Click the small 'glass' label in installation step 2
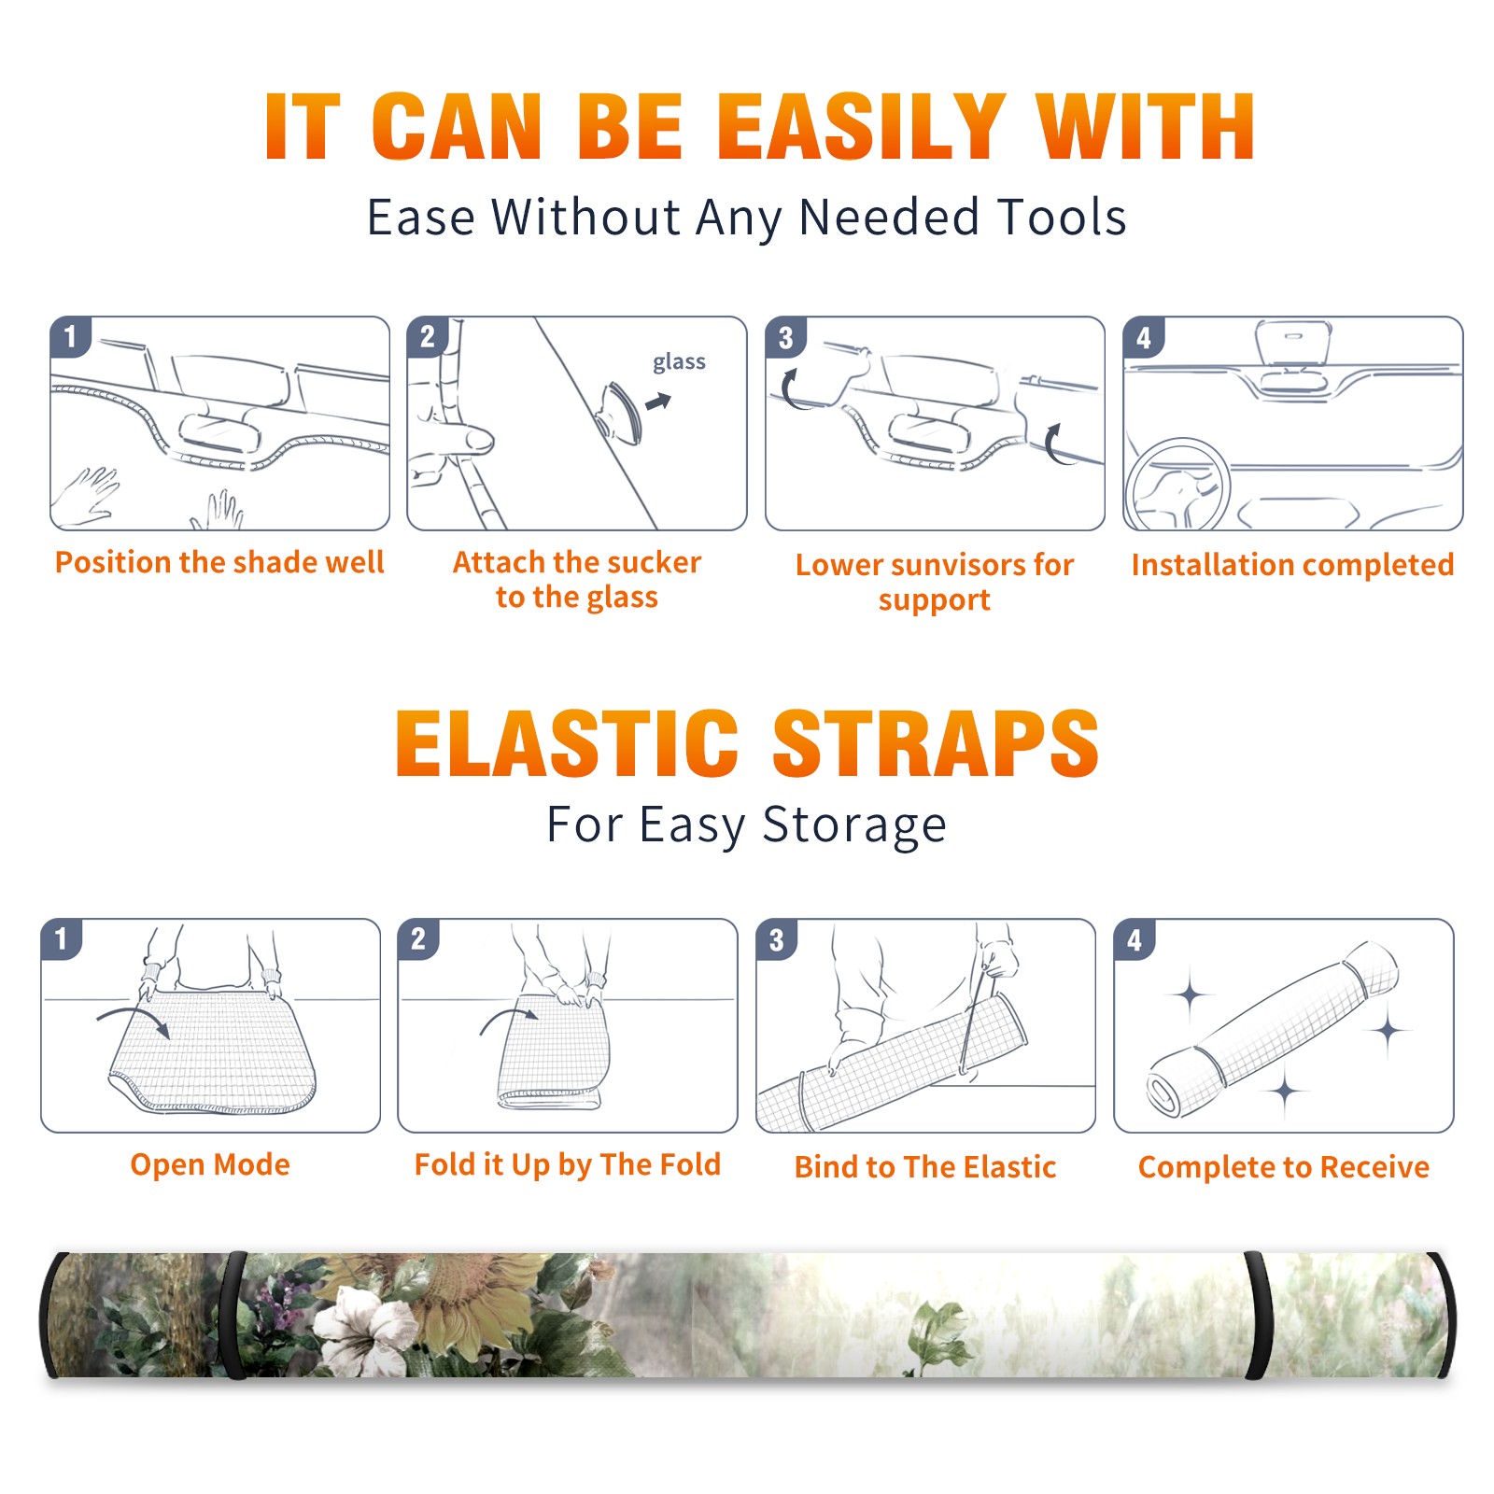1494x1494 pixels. coord(679,362)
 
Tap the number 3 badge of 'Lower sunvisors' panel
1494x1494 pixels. coord(785,337)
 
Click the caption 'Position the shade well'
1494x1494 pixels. coord(219,562)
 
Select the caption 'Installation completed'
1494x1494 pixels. coord(1292,565)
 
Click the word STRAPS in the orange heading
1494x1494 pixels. coord(936,743)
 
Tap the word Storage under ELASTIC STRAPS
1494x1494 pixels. coord(854,825)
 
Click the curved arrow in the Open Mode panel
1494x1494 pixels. coord(134,1017)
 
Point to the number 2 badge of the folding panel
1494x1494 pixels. coord(417,938)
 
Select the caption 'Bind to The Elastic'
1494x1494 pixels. coord(925,1167)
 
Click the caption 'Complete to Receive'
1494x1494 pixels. coord(1284,1167)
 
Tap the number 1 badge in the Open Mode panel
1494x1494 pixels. coord(61,938)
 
